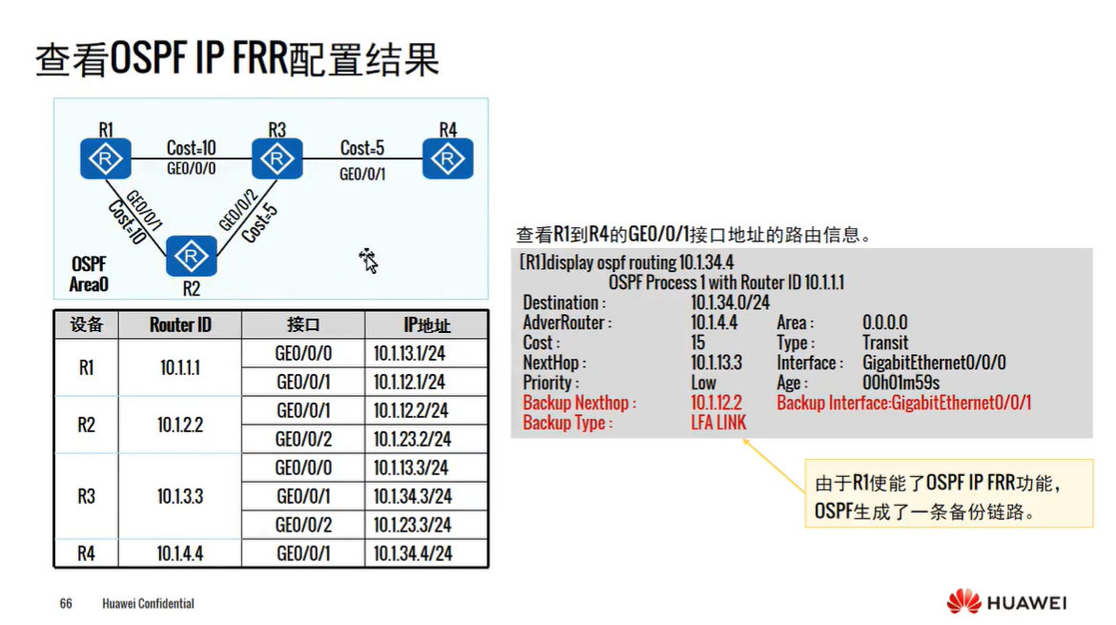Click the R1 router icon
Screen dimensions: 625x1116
click(105, 158)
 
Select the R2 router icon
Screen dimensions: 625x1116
click(192, 256)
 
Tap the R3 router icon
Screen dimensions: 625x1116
click(277, 158)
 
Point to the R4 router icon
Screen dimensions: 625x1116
click(447, 158)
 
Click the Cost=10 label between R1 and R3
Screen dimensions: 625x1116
click(191, 148)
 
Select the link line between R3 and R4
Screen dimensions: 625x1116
click(362, 159)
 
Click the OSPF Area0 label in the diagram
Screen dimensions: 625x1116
click(89, 274)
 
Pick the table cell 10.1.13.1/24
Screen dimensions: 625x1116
click(409, 354)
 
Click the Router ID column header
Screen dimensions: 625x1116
click(180, 325)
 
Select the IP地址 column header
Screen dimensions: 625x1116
click(426, 325)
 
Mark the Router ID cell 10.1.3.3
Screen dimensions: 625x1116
click(180, 496)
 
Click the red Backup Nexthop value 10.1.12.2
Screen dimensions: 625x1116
click(716, 403)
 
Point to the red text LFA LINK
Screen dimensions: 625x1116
click(718, 423)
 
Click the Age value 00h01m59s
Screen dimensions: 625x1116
click(900, 383)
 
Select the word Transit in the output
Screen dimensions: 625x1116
click(885, 343)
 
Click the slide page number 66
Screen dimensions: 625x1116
click(66, 603)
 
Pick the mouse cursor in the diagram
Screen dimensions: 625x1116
click(368, 260)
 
